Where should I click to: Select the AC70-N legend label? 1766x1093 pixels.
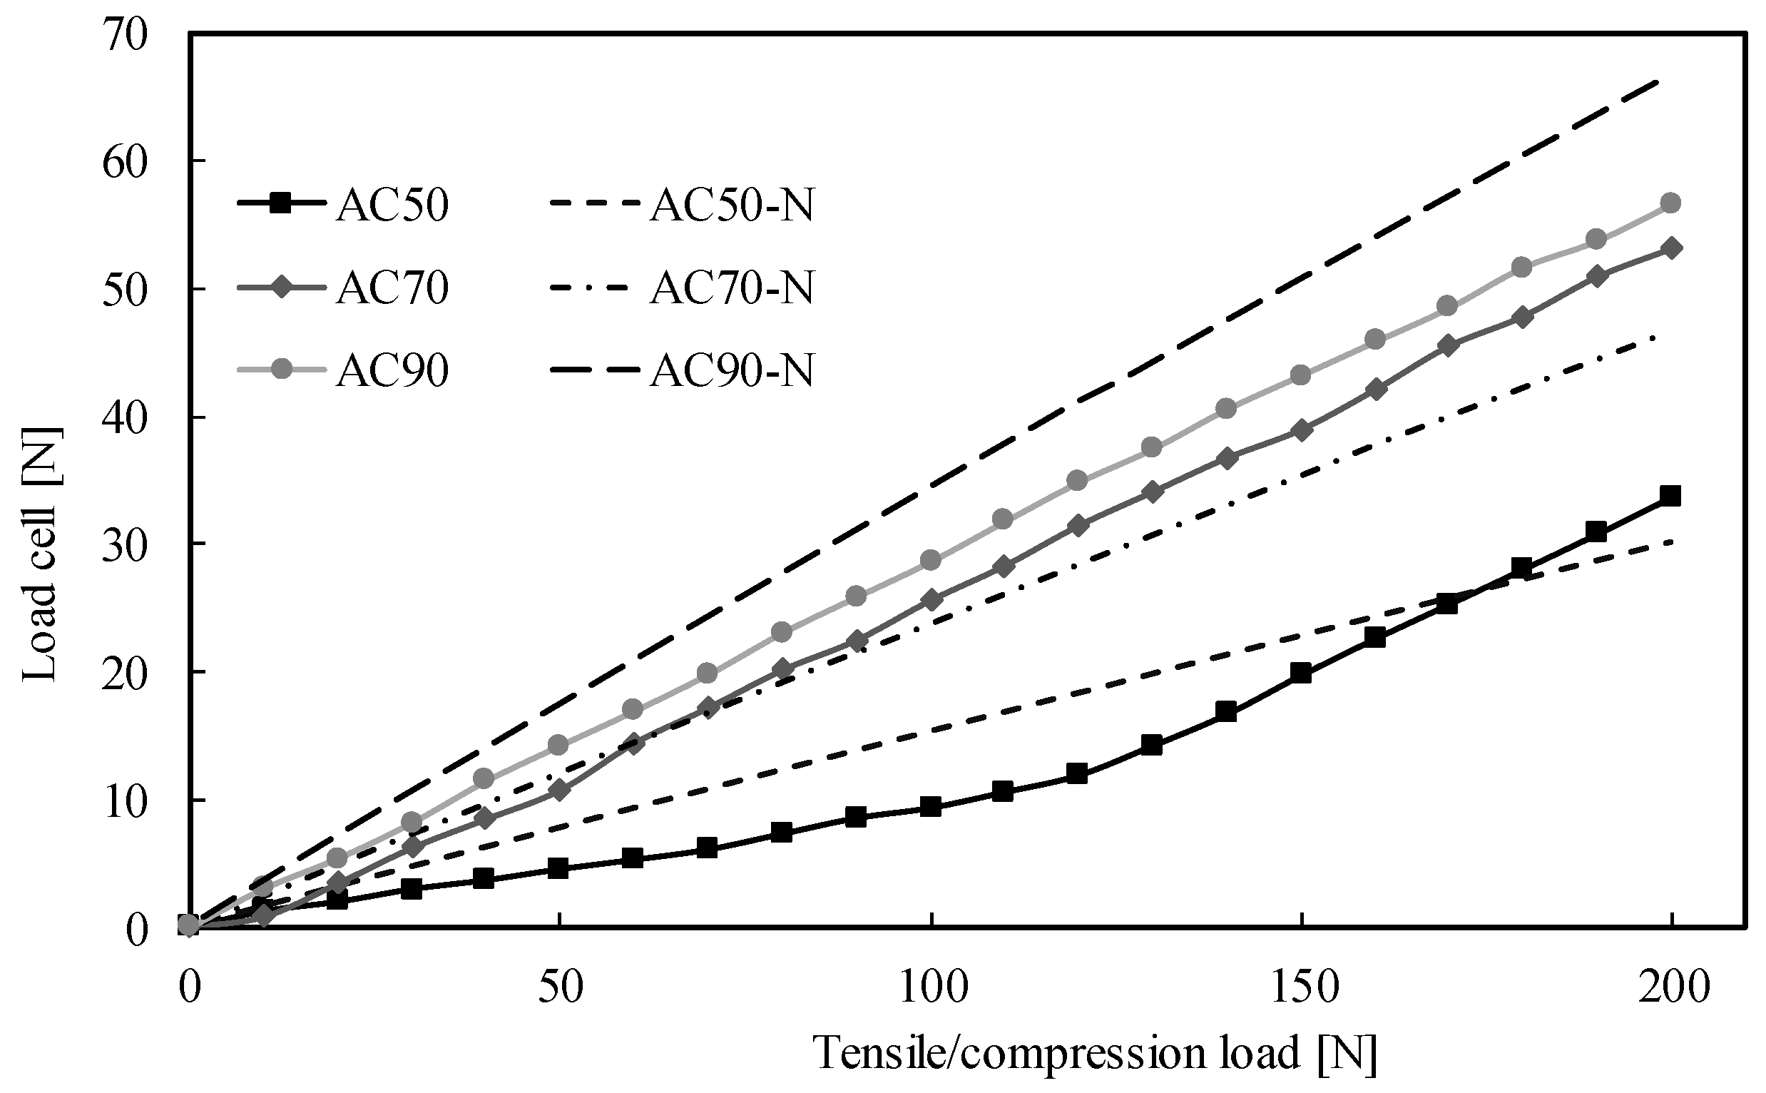coord(731,288)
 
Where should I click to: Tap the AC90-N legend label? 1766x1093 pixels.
coord(731,371)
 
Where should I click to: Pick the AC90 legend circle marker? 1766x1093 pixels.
coord(285,370)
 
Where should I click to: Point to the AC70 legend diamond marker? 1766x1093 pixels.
coord(285,288)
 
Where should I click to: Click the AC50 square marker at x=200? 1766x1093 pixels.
coord(1670,496)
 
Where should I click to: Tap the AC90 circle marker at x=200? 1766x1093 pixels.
coord(1670,203)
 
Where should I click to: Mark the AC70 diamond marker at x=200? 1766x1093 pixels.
coord(1670,248)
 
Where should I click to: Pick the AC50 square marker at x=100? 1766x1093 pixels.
coord(932,807)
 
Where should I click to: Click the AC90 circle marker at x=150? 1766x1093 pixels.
coord(1301,375)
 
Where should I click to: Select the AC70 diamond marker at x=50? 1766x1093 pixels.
coord(559,790)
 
